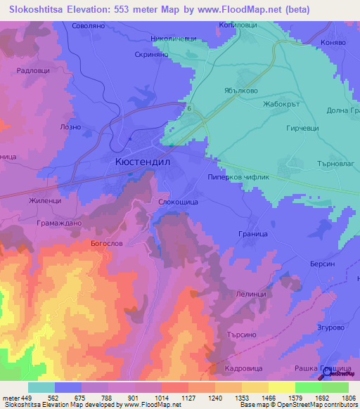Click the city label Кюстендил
pos(141,161)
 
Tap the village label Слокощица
pos(182,202)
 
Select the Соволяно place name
pos(89,26)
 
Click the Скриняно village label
pos(153,53)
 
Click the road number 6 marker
pos(189,108)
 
